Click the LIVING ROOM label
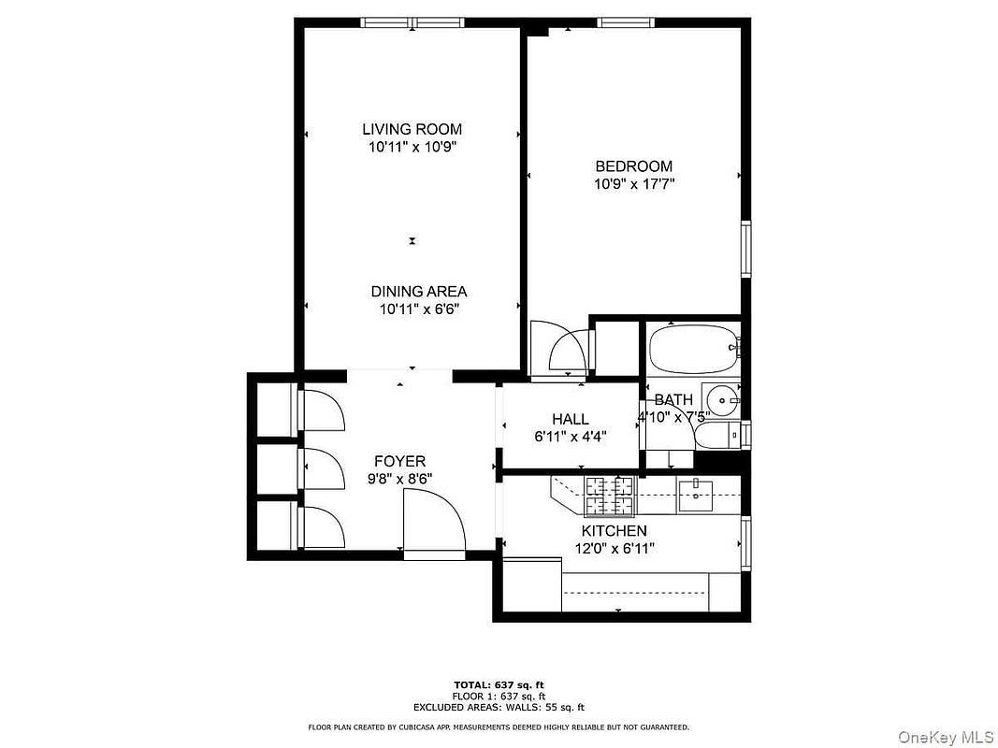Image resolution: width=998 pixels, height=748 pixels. pyautogui.click(x=412, y=129)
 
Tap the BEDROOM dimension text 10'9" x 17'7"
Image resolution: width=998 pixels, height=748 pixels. pyautogui.click(x=633, y=184)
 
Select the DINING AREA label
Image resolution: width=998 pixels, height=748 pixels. pyautogui.click(x=418, y=292)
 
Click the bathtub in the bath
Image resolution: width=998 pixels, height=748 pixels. pyautogui.click(x=692, y=350)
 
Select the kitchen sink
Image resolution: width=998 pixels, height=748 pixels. pyautogui.click(x=695, y=495)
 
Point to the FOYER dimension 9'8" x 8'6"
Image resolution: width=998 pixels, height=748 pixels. pyautogui.click(x=399, y=478)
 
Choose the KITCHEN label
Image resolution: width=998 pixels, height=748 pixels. pyautogui.click(x=614, y=531)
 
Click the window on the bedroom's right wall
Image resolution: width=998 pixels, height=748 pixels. pyautogui.click(x=745, y=249)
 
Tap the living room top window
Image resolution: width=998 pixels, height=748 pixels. pyautogui.click(x=414, y=23)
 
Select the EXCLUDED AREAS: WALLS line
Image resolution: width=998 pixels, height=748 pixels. pyautogui.click(x=499, y=707)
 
